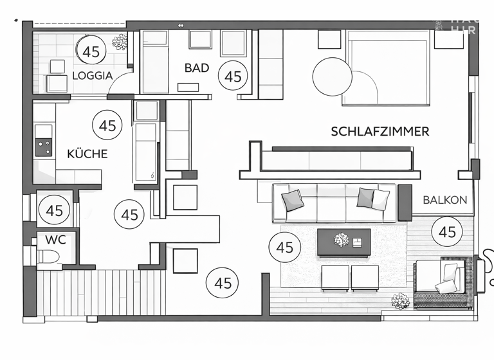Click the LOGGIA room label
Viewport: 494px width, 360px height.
point(92,75)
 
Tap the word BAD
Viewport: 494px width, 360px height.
point(196,67)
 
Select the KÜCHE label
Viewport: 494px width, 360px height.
point(87,154)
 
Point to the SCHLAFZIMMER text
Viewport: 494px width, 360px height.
point(380,132)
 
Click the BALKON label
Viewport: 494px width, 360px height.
point(444,200)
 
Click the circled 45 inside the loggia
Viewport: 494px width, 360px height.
point(91,51)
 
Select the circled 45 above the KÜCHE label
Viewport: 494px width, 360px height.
point(107,125)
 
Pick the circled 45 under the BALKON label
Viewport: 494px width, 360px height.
point(446,232)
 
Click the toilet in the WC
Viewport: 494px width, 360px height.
point(50,258)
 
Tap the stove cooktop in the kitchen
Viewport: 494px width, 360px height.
point(44,148)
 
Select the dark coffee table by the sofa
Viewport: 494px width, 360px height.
point(343,242)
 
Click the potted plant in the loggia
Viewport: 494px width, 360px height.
point(120,42)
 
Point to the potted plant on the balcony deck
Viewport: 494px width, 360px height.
point(401,301)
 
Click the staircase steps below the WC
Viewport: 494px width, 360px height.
point(96,292)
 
